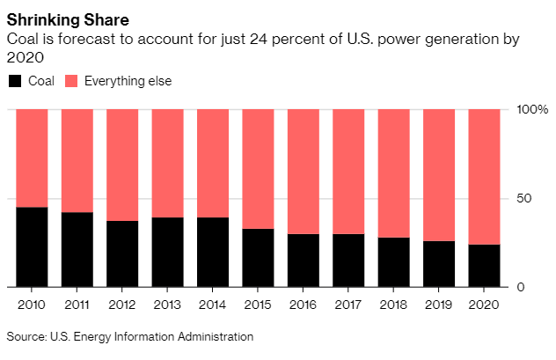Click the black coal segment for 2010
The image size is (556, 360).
(x=32, y=247)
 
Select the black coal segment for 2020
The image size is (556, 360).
(x=485, y=266)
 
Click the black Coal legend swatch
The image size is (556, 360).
(x=15, y=82)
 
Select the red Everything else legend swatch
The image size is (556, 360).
(x=70, y=82)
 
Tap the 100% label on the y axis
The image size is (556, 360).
(x=531, y=110)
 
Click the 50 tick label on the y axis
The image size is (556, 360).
(x=524, y=199)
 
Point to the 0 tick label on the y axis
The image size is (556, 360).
(x=520, y=288)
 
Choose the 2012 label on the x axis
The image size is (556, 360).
(x=122, y=305)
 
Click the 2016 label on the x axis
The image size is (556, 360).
(x=304, y=305)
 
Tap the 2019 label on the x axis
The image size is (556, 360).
(x=439, y=305)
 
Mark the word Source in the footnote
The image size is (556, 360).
(x=26, y=336)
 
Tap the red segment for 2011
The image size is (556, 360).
(x=77, y=161)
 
